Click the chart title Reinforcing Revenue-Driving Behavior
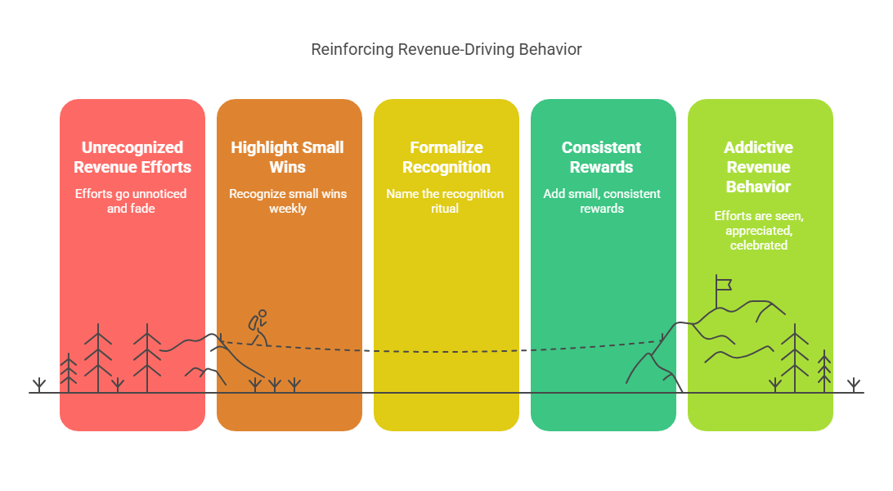446,50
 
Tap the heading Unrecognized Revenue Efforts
132,157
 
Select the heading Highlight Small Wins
288,157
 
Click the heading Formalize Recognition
446,157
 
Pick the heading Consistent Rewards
602,157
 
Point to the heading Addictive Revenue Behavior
759,167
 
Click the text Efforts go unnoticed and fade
131,201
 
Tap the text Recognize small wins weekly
288,201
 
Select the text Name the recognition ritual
445,201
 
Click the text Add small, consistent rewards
602,201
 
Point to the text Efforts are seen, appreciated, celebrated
759,231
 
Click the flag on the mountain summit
723,284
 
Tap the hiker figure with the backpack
258,327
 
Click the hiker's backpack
253,323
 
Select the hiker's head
263,313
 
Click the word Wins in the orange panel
288,167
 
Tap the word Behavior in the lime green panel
759,187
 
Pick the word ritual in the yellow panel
445,209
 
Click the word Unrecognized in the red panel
132,147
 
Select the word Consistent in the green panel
601,147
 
